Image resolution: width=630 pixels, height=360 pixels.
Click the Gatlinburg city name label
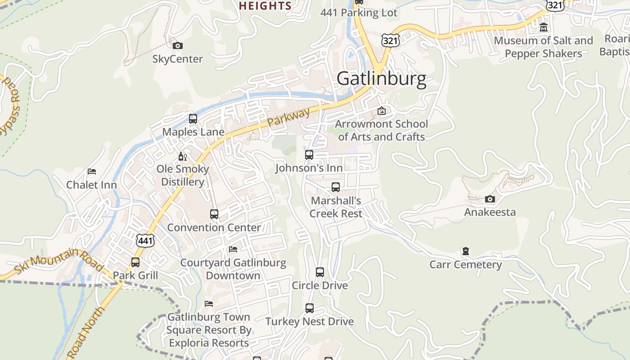point(381,79)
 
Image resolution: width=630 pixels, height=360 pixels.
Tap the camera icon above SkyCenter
point(178,45)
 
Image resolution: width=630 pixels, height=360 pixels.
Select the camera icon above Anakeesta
point(490,199)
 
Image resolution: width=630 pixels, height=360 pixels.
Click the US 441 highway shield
point(146,241)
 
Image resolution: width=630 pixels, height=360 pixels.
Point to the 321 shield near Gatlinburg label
point(390,40)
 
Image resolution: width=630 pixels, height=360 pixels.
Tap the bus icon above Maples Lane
point(193,119)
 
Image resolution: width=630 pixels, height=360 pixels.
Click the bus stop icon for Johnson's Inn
point(309,155)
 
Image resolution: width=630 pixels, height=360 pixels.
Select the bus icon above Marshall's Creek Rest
point(336,187)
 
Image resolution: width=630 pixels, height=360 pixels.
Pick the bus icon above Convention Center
point(214,214)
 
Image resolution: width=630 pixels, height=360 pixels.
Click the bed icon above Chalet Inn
point(92,171)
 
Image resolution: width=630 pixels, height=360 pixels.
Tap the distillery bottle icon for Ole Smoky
point(182,156)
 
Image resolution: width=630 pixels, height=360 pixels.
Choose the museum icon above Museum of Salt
point(544,27)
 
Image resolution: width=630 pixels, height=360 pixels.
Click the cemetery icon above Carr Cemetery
point(466,251)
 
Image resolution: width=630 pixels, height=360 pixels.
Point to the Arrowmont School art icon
point(382,111)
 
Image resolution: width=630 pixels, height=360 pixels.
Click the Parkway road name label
point(288,117)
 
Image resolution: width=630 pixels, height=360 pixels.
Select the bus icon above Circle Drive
point(320,272)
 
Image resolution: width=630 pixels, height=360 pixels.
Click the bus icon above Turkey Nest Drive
point(310,308)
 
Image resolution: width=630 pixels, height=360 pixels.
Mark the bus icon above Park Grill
point(135,262)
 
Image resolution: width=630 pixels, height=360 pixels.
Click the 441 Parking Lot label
point(359,13)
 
